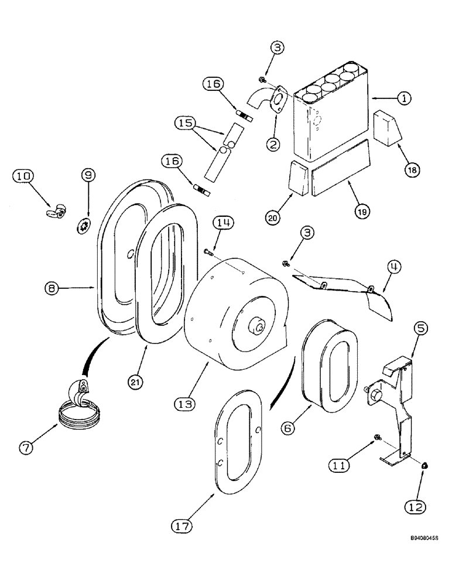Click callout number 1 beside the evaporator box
pos(402,99)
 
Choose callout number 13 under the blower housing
pos(184,404)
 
